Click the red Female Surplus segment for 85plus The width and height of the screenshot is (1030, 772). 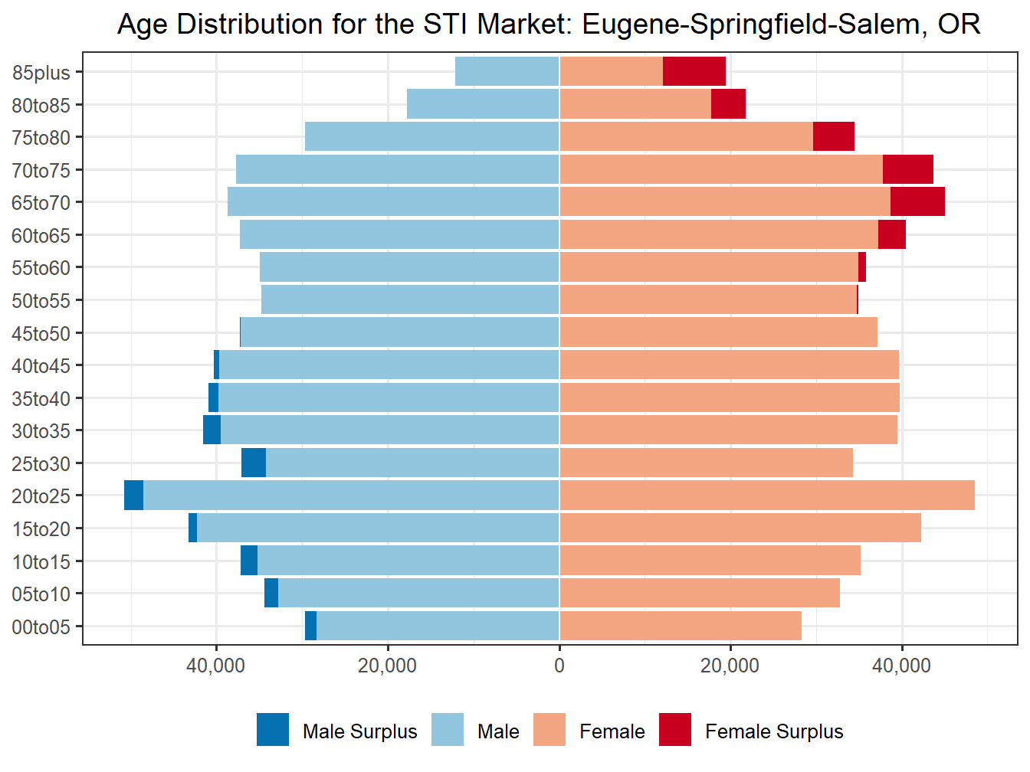coord(694,72)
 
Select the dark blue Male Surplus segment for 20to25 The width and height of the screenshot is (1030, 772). coord(133,496)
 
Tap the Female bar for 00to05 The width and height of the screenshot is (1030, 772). coord(681,626)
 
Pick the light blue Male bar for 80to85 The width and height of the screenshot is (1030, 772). coord(483,104)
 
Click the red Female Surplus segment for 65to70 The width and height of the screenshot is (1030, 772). coord(917,202)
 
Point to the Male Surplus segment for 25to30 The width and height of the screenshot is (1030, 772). coord(254,463)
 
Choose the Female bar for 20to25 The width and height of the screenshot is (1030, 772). coord(766,496)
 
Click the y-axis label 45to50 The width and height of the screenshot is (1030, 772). coord(41,333)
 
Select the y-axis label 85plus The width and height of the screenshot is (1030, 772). coord(41,73)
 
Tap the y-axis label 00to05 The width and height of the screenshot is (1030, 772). coord(41,627)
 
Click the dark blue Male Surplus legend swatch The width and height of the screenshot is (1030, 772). coord(273,730)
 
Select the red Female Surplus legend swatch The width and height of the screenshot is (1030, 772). coord(675,730)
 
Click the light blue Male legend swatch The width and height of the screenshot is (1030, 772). coord(448,730)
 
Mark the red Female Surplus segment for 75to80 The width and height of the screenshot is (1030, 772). coord(833,137)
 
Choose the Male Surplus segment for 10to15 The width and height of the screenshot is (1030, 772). coord(249,561)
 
